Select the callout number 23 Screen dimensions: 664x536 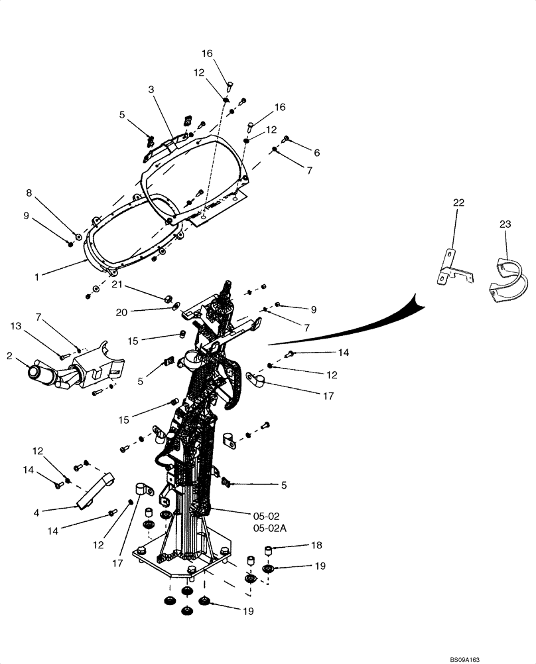point(505,224)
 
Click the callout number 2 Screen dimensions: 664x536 point(9,356)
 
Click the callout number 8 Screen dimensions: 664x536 point(29,193)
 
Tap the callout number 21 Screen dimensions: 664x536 point(117,284)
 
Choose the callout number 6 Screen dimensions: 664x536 point(316,153)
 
